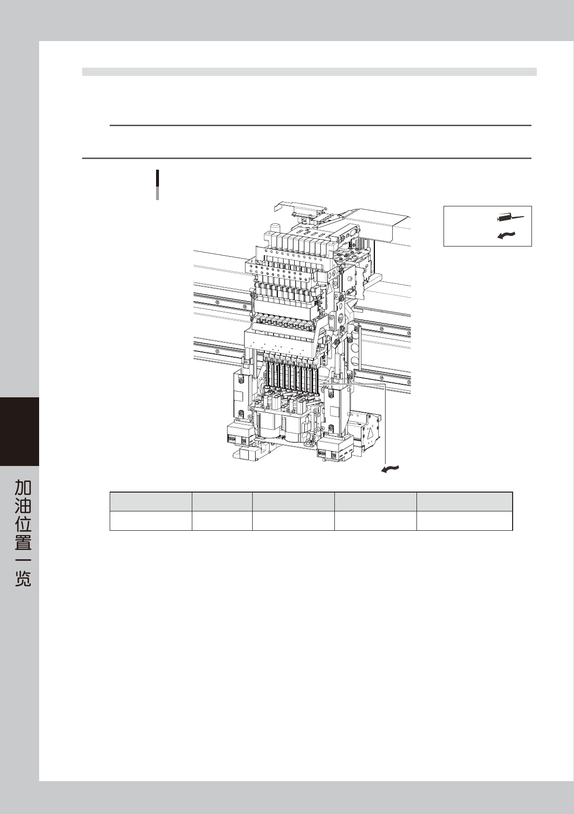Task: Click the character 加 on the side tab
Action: click(23, 488)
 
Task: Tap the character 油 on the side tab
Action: click(23, 506)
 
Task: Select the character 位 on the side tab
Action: click(23, 524)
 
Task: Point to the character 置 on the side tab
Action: click(23, 542)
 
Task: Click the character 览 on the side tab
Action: click(23, 578)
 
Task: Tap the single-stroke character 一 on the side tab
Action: click(23, 560)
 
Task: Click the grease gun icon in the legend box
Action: click(510, 218)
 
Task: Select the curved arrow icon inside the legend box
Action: click(506, 235)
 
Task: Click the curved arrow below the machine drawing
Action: click(390, 469)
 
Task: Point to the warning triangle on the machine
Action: click(372, 433)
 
